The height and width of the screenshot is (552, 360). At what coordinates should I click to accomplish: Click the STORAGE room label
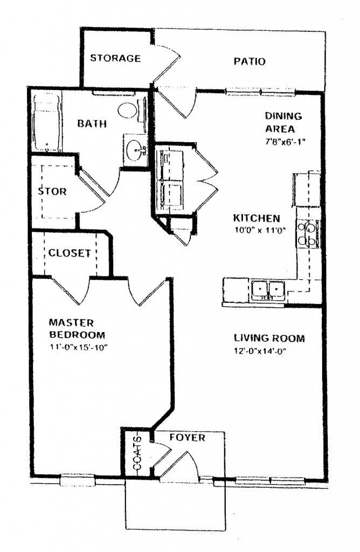click(x=115, y=58)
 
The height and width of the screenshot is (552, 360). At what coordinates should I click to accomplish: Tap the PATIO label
click(x=249, y=61)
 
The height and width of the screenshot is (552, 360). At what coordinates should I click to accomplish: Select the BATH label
click(x=92, y=124)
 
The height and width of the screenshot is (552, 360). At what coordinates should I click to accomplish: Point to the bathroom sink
click(x=135, y=147)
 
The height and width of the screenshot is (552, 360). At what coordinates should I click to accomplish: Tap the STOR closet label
click(x=52, y=191)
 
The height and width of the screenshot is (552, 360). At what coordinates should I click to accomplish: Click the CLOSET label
click(x=70, y=253)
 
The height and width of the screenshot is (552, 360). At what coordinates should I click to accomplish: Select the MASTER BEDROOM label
click(x=72, y=328)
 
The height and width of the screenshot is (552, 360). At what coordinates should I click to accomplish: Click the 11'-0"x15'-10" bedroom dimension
click(x=79, y=347)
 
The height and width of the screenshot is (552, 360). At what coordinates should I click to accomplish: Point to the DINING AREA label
click(x=283, y=122)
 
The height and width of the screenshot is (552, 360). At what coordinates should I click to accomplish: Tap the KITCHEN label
click(x=256, y=218)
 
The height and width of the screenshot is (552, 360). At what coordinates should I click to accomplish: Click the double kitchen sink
click(x=268, y=290)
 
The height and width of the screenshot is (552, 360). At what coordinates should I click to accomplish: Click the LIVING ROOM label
click(x=269, y=339)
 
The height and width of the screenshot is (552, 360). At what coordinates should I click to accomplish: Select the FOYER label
click(x=187, y=438)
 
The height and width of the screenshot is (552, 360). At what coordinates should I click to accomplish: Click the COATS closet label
click(x=137, y=454)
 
